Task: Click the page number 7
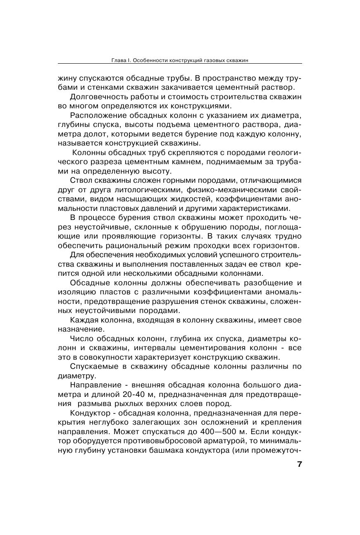299,464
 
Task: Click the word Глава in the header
119,60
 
